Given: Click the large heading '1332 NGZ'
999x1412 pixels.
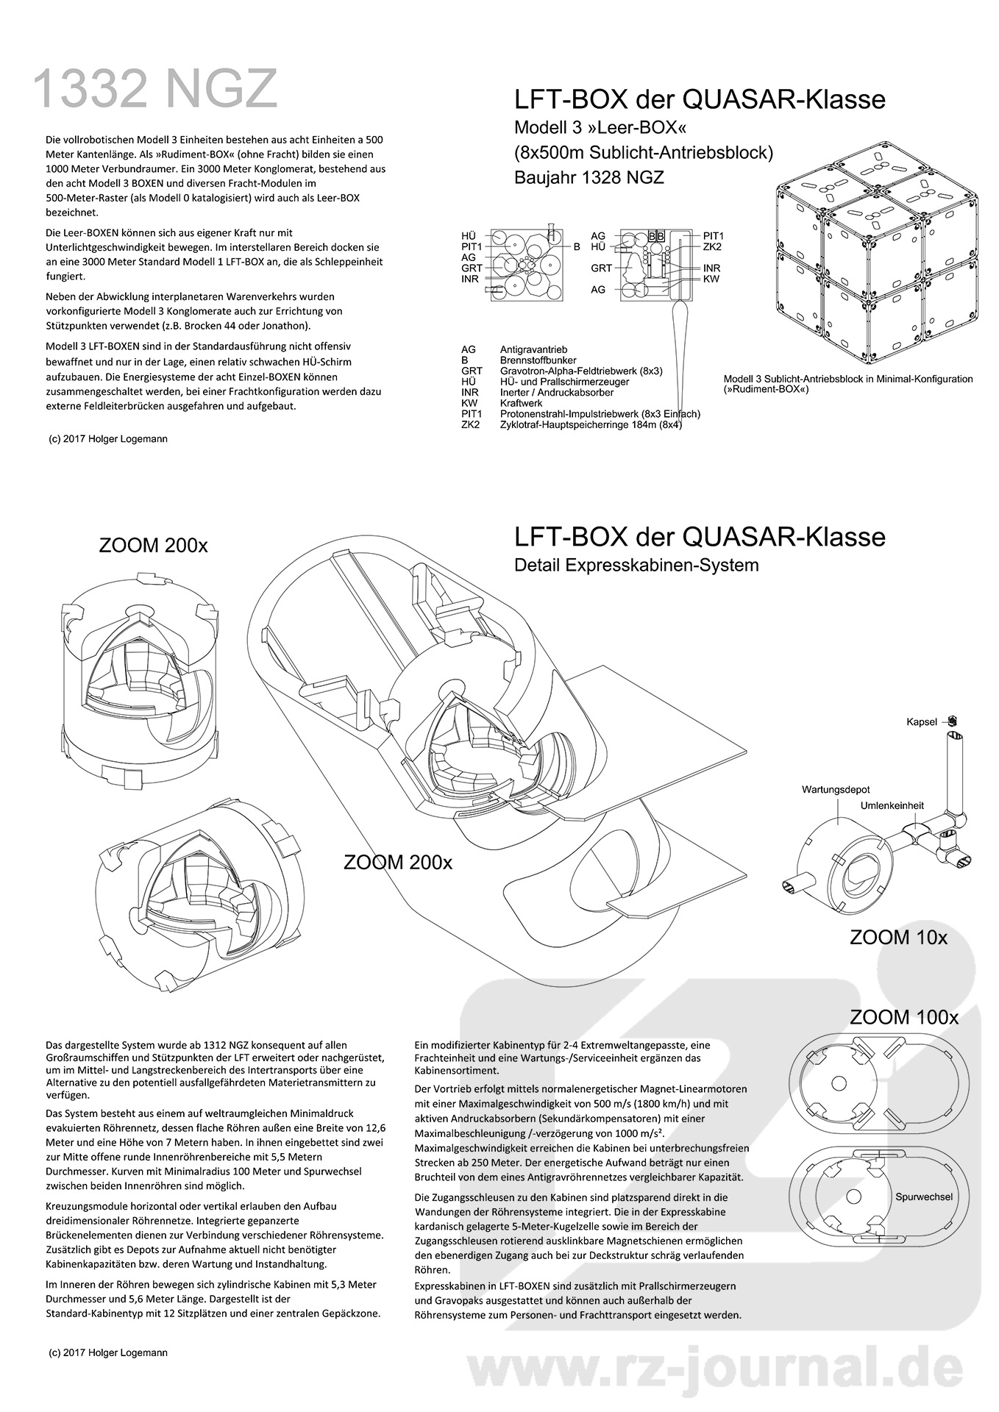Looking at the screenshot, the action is tap(156, 89).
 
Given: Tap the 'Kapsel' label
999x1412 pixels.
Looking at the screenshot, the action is tap(921, 722).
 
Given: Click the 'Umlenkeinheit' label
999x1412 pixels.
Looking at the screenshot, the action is tap(892, 805).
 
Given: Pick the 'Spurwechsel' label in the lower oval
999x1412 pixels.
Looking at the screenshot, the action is tap(924, 1197).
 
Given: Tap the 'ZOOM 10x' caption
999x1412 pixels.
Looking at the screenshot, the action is tap(898, 938).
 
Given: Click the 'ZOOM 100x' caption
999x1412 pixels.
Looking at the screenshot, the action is tap(904, 1018).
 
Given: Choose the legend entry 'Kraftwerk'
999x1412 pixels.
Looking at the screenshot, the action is tap(521, 404).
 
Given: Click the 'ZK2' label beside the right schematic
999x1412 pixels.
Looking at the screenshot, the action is tap(711, 246).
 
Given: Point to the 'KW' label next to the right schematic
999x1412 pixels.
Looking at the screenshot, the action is tap(711, 279).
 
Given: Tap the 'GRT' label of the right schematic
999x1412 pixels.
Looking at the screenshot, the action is tap(601, 268).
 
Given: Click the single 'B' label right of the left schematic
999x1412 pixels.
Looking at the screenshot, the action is tap(577, 247).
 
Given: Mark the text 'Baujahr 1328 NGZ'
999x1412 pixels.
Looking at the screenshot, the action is tap(589, 177).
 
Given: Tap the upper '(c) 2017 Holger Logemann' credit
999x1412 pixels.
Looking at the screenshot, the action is tap(107, 439).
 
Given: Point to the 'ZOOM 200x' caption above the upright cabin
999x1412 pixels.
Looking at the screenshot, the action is tap(153, 546).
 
